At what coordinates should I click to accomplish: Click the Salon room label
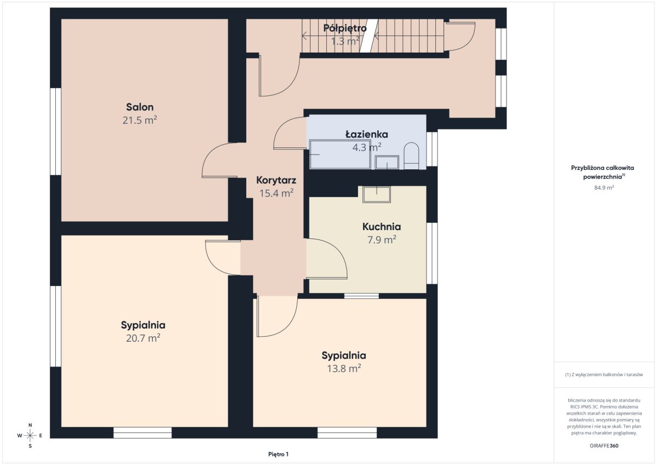(140, 107)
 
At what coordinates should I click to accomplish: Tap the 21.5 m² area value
(140, 120)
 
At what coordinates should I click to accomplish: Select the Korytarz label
(276, 180)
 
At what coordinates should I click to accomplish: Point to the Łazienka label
(367, 134)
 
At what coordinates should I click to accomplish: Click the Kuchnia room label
(382, 227)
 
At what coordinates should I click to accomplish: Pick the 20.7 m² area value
(143, 338)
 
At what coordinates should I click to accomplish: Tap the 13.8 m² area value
(344, 368)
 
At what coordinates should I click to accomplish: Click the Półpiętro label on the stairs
(345, 28)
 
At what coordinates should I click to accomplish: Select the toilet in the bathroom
(411, 156)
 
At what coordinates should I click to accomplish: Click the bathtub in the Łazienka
(340, 154)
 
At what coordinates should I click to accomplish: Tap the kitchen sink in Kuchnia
(377, 194)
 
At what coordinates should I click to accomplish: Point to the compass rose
(30, 435)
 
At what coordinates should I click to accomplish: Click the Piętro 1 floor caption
(278, 454)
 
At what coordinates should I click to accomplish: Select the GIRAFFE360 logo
(604, 446)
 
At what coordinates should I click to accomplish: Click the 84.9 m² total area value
(604, 187)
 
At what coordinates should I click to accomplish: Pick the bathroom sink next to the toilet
(387, 162)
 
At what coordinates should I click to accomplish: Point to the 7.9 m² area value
(382, 240)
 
